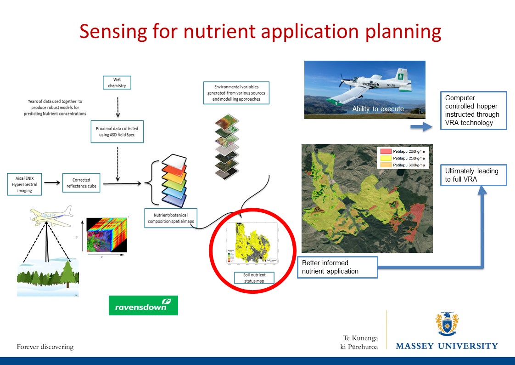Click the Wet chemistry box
click(117, 82)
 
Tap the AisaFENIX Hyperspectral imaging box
click(25, 183)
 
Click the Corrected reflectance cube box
click(81, 182)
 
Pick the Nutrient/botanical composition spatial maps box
click(171, 218)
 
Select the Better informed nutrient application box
click(337, 267)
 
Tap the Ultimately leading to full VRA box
click(473, 175)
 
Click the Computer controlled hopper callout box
click(473, 110)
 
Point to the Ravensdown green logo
click(143, 305)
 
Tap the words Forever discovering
click(45, 347)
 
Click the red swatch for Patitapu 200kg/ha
click(385, 151)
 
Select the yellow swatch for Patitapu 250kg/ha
click(385, 158)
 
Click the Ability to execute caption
click(378, 109)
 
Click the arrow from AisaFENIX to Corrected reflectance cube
click(52, 182)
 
